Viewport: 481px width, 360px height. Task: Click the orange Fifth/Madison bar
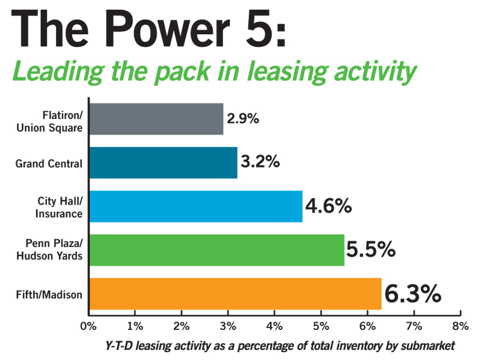234,294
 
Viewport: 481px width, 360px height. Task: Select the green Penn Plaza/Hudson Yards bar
216,250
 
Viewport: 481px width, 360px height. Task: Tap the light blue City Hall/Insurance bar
195,206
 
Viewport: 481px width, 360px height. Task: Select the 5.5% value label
370,249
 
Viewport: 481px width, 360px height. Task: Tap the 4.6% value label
328,206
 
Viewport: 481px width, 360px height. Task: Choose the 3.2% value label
260,162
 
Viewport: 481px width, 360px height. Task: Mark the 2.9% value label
242,118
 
